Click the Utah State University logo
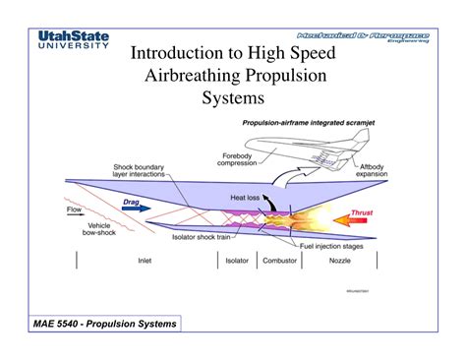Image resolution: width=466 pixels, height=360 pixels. pos(74,41)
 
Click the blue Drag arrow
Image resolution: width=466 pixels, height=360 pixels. pos(135,208)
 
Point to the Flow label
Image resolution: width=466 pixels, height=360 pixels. pos(75,209)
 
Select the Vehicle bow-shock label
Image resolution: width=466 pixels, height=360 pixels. pos(97,230)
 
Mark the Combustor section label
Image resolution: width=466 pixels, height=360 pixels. pos(279,262)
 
